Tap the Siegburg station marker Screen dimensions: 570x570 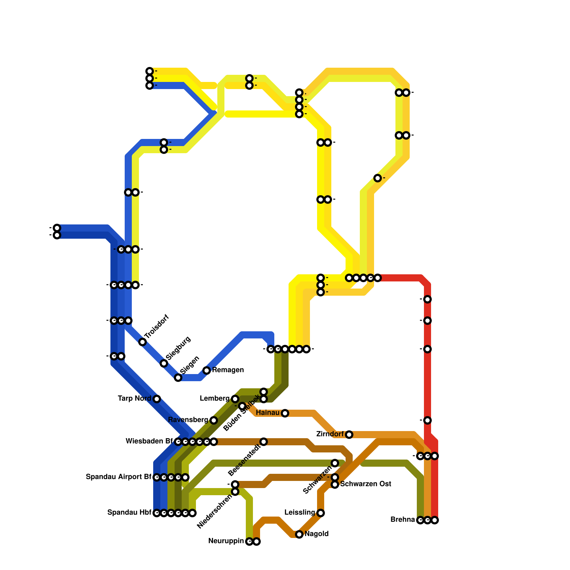164,363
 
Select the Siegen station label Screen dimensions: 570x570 190,365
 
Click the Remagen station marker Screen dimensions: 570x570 207,370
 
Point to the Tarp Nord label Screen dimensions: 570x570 134,399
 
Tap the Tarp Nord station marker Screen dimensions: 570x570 157,399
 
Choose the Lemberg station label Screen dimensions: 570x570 214,399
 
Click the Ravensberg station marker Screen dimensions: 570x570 214,420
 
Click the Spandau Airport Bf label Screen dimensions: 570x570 118,477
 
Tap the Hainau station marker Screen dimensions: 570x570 285,413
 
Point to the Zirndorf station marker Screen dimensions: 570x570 349,435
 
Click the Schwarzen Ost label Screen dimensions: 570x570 366,484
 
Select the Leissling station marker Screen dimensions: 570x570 321,513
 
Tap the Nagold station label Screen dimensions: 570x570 316,534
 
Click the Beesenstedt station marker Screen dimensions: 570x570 264,442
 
